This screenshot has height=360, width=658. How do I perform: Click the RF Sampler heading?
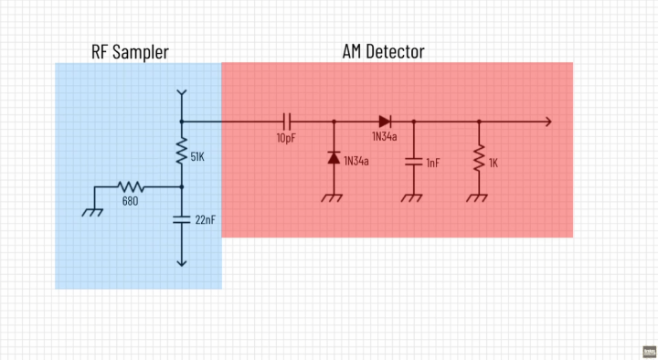[130, 52]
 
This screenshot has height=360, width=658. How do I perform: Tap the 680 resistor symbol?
[131, 186]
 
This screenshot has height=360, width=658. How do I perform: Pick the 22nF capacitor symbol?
[182, 219]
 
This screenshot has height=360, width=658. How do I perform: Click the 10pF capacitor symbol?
[286, 121]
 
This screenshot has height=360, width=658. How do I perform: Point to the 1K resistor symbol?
[478, 160]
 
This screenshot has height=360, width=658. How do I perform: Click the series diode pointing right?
[384, 121]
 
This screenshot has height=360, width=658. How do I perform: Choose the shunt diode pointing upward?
[333, 159]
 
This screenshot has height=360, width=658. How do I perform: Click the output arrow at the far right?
[546, 121]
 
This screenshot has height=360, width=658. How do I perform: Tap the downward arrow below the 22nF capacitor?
[182, 261]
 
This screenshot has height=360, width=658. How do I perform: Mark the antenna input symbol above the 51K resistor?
[182, 95]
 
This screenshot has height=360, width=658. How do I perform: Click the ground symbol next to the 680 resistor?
[92, 210]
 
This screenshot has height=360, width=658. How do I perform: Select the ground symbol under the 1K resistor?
[478, 196]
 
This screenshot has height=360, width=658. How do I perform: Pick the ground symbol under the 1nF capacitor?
[412, 196]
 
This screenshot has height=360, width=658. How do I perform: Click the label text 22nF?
[205, 220]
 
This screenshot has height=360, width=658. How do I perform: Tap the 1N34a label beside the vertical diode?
[356, 161]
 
